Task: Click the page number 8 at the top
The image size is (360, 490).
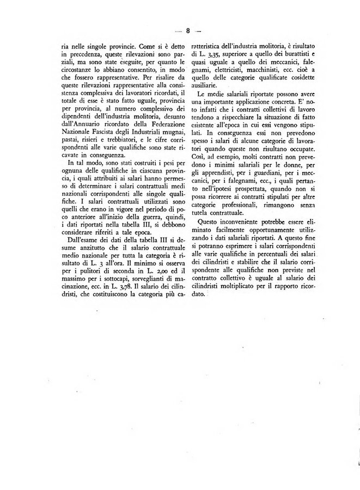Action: pyautogui.click(x=187, y=31)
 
